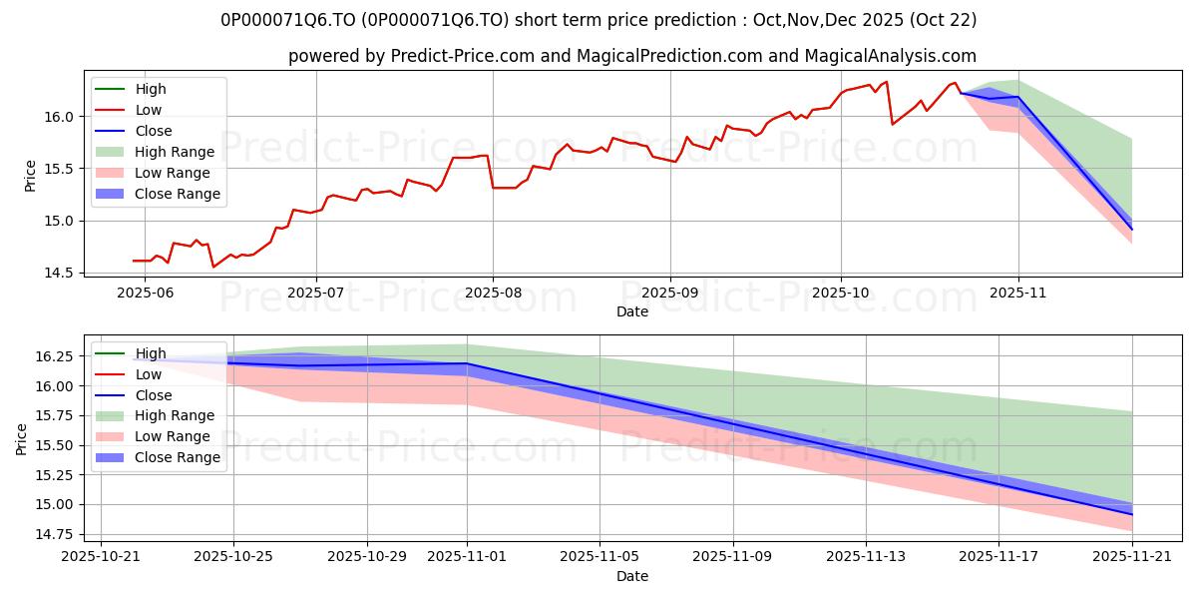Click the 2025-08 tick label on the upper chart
(493, 293)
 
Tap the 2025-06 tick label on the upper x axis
(146, 293)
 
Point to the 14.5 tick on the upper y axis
(61, 273)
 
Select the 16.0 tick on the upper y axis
(61, 117)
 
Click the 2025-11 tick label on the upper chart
(1018, 293)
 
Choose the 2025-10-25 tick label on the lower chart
(233, 557)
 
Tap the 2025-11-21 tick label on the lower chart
(1132, 557)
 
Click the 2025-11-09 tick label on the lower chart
(733, 557)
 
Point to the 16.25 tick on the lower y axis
(55, 356)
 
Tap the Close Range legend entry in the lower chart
(178, 457)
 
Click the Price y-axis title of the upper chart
(30, 175)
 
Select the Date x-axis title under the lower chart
(632, 576)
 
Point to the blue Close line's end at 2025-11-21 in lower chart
(1132, 514)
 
